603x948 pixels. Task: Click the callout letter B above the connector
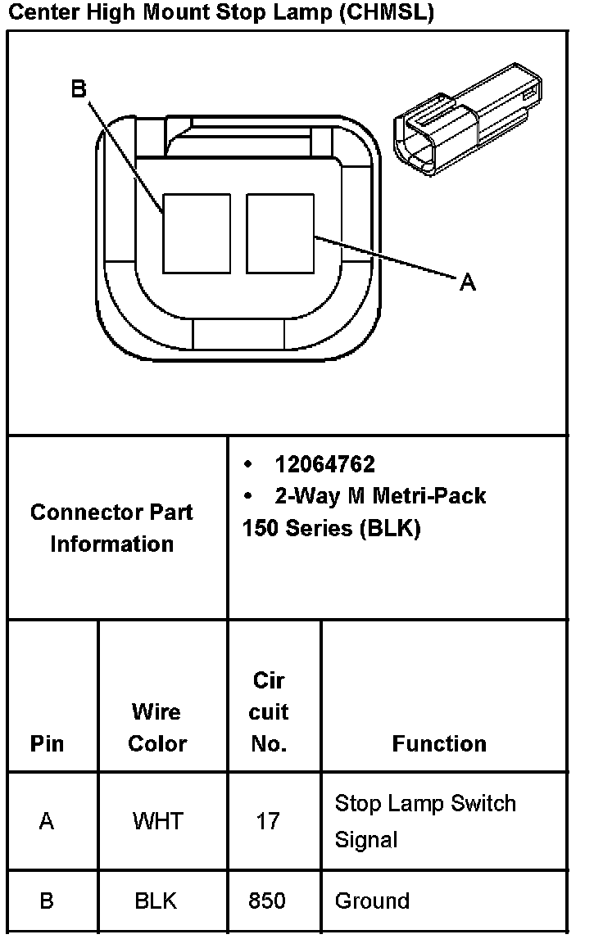tap(79, 88)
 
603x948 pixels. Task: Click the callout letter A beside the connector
tap(467, 282)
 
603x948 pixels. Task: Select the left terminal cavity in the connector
tap(197, 233)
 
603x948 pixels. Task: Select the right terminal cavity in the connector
tap(280, 233)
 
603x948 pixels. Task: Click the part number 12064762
tap(324, 465)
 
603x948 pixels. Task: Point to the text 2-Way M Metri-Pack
tap(379, 496)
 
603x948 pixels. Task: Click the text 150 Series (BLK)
tap(331, 529)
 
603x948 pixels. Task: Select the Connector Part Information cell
tap(112, 528)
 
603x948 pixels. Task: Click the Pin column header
tap(47, 743)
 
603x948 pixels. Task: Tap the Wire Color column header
tap(157, 728)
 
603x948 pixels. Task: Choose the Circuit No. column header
tap(269, 712)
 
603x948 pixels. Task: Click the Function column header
tap(439, 743)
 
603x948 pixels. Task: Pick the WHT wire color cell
tap(157, 821)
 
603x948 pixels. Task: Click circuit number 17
tap(268, 821)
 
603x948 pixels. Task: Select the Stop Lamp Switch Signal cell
tap(424, 821)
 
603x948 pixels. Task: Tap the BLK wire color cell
tap(156, 901)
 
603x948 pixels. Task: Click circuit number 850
tap(267, 901)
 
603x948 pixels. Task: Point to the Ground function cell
tap(372, 901)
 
